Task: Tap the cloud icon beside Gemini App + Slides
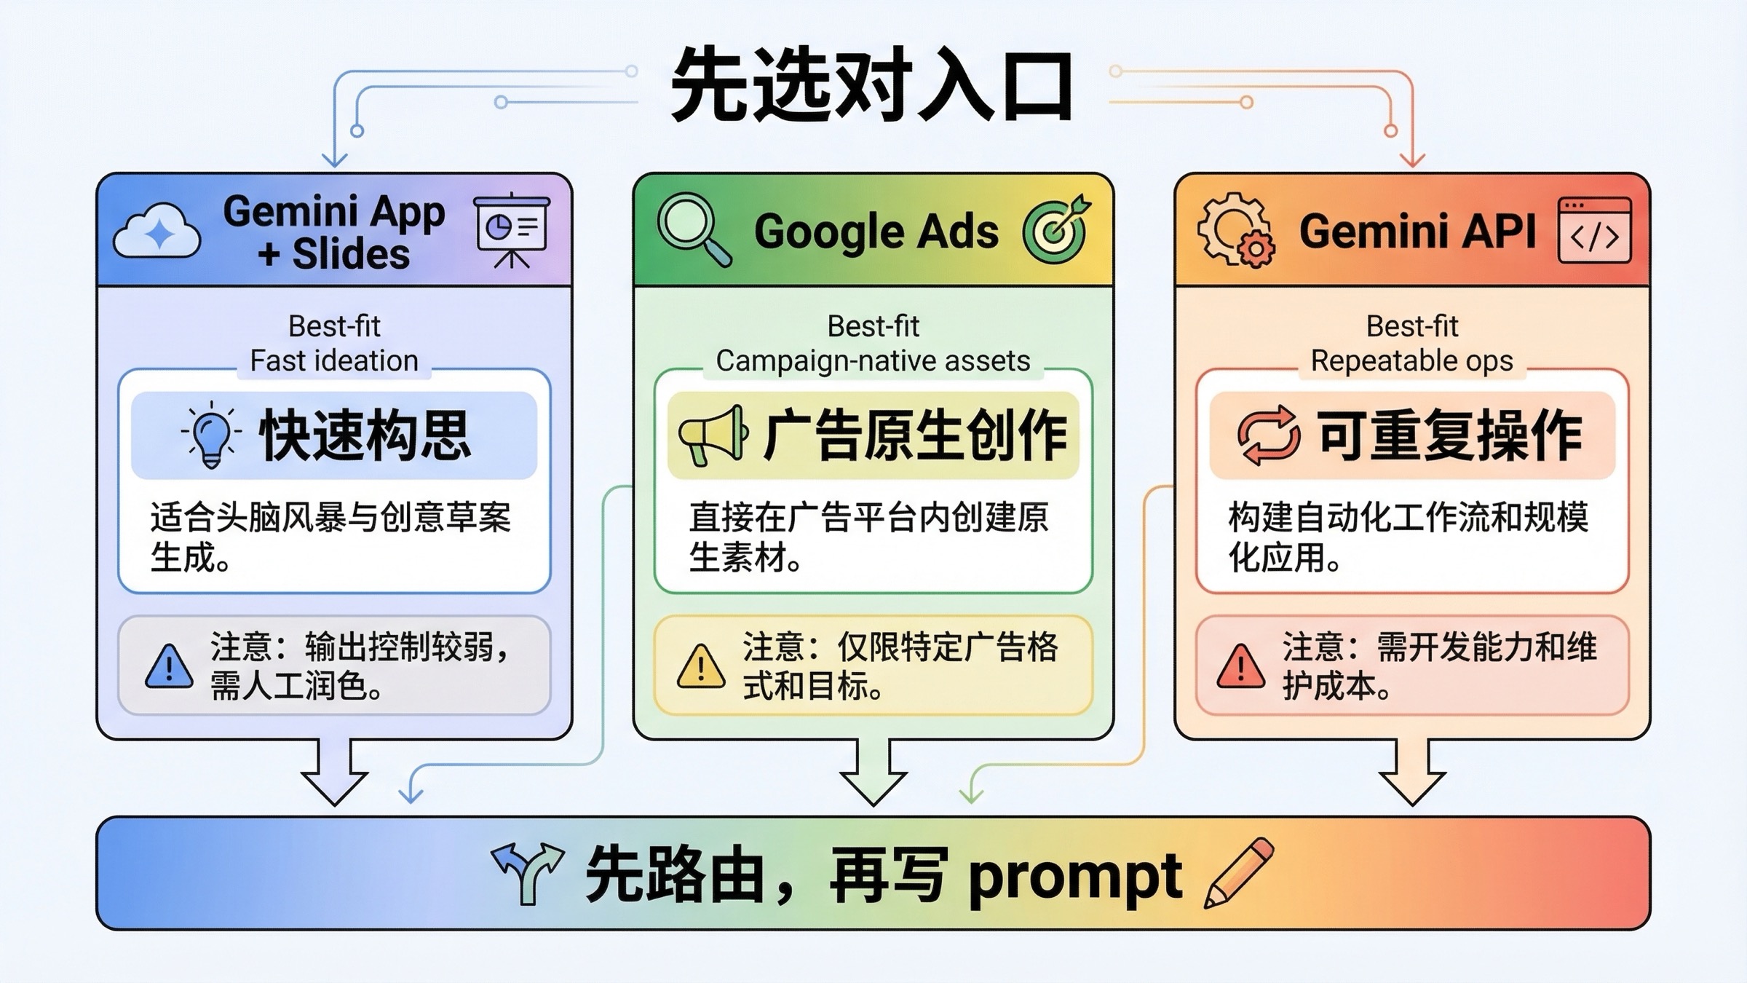[x=157, y=232]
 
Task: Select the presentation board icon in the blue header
[x=512, y=230]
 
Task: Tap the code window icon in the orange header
[x=1594, y=230]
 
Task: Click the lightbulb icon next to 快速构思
[x=211, y=435]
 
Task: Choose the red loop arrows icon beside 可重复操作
[x=1268, y=435]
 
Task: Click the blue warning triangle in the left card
[x=169, y=666]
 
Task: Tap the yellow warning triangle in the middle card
[x=700, y=666]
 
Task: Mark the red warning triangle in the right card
[x=1240, y=666]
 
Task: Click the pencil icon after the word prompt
[x=1239, y=873]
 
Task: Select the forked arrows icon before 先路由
[x=528, y=873]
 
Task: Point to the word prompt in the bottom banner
[x=1074, y=876]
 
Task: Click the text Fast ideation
[x=334, y=361]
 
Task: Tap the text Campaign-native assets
[x=873, y=361]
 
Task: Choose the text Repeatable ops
[x=1411, y=361]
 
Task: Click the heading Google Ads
[x=876, y=232]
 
